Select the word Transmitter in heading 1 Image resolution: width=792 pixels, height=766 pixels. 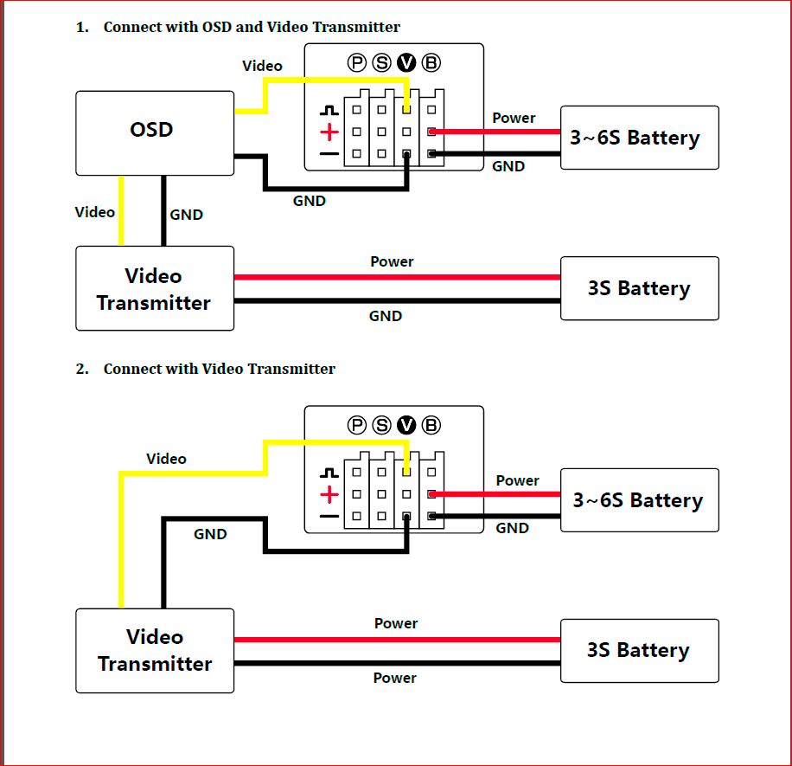click(x=356, y=27)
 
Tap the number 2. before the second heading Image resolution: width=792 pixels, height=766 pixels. click(x=82, y=369)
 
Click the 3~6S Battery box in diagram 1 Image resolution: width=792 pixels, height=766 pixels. click(x=639, y=138)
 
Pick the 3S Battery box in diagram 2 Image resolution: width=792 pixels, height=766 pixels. click(x=639, y=651)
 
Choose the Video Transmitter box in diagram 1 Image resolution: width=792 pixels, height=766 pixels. click(x=155, y=289)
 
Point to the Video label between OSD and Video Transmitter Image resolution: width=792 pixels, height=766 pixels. click(x=95, y=212)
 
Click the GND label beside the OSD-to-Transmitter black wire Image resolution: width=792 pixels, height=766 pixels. click(x=186, y=215)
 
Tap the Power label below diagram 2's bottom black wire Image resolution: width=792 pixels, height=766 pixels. click(x=395, y=678)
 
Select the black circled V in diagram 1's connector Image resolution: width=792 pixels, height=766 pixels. click(x=406, y=62)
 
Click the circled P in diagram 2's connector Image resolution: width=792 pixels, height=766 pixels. click(x=357, y=425)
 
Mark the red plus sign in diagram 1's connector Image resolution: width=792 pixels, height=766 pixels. click(x=329, y=132)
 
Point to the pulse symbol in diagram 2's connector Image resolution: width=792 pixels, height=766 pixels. click(x=329, y=473)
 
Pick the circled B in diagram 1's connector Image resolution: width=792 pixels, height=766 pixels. click(x=431, y=62)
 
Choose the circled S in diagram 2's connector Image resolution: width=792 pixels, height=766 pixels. click(x=382, y=425)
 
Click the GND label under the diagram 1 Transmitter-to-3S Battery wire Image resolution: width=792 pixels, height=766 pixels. click(x=386, y=316)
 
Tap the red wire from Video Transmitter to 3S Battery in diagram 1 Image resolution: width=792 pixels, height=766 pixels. click(x=398, y=277)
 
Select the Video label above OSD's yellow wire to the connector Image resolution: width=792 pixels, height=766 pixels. click(x=262, y=66)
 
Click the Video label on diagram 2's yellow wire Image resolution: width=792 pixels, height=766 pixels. click(x=166, y=459)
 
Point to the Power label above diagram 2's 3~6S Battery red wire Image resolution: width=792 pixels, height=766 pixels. click(x=518, y=480)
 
